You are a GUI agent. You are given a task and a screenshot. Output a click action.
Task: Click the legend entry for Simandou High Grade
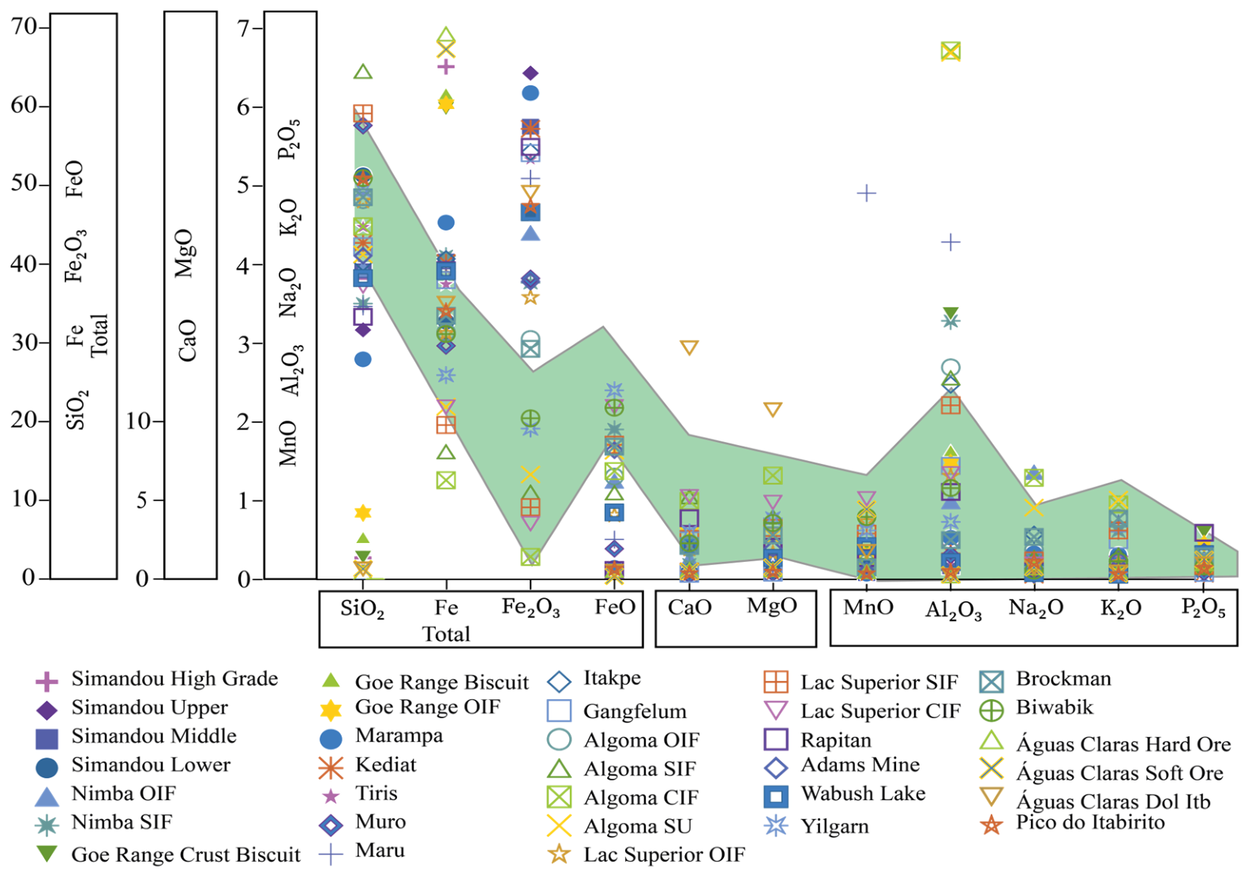point(156,679)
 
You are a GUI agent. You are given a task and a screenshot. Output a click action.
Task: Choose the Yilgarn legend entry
point(817,825)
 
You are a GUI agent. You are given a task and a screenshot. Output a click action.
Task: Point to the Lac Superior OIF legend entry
point(646,855)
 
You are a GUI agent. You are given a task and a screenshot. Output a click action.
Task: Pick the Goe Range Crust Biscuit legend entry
point(168,855)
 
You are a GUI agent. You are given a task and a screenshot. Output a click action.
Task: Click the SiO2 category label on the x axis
point(362,608)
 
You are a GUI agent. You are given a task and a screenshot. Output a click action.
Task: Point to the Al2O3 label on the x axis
point(954,611)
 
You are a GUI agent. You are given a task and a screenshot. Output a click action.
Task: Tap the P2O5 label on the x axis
point(1204,608)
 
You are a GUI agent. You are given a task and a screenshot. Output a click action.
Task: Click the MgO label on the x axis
point(772,606)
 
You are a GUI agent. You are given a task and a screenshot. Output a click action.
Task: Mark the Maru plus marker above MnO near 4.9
point(867,193)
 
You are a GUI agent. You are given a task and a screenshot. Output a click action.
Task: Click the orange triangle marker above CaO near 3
point(689,348)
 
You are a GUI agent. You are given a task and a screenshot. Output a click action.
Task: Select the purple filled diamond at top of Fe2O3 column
point(530,73)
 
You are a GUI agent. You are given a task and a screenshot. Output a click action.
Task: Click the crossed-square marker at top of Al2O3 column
point(950,51)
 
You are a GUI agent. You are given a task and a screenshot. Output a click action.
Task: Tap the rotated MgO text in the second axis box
point(185,253)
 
